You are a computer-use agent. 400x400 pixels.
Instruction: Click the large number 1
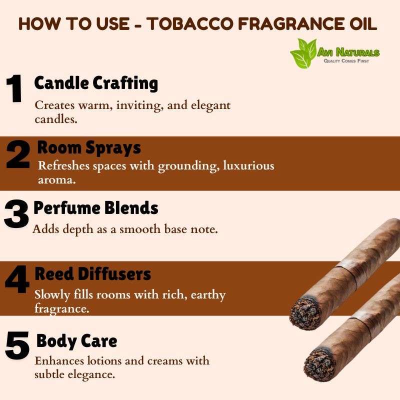[x=14, y=88]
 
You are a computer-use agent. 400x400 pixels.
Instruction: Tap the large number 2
[x=18, y=154]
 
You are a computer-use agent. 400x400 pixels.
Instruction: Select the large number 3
[x=16, y=214]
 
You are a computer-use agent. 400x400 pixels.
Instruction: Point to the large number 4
[x=17, y=279]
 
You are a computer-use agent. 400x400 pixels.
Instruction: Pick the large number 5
[x=17, y=345]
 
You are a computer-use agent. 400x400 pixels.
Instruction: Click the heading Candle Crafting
[x=96, y=83]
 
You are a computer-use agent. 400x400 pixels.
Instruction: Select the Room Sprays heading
[x=89, y=147]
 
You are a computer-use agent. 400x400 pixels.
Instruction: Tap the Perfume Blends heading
[x=96, y=208]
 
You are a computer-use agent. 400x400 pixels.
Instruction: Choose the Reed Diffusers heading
[x=93, y=274]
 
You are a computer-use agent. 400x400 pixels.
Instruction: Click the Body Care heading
[x=77, y=341]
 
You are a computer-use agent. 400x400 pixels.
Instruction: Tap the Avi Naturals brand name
[x=348, y=52]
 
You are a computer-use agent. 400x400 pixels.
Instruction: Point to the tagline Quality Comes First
[x=346, y=60]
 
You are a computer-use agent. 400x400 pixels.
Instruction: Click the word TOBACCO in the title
[x=191, y=23]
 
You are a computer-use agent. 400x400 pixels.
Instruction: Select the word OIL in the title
[x=363, y=23]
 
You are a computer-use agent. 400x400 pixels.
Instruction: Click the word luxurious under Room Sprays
[x=248, y=165]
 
